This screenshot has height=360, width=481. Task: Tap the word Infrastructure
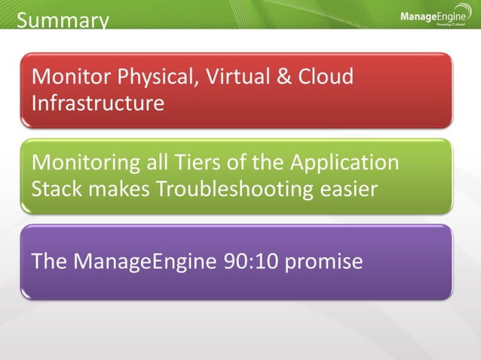(x=98, y=102)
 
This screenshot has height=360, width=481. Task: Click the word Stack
(x=57, y=188)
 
